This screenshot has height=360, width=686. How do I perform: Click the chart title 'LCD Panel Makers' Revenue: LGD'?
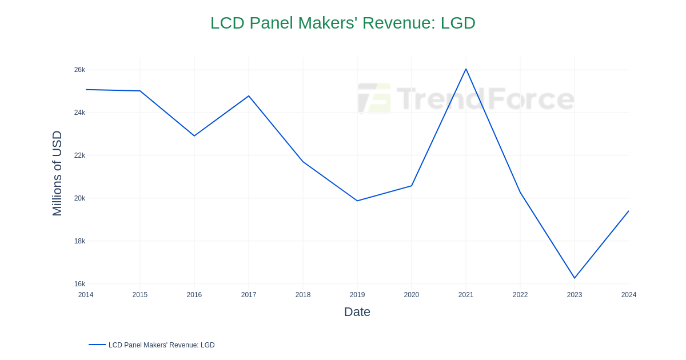342,23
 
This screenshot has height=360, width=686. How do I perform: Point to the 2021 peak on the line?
466,69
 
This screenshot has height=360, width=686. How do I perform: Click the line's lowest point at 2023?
575,278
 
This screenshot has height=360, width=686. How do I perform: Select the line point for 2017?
249,96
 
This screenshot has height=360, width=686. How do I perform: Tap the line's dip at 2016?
194,135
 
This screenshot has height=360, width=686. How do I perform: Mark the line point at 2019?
357,201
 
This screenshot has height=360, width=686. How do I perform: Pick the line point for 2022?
520,193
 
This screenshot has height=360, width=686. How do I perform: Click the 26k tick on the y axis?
79,70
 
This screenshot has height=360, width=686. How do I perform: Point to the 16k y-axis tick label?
79,284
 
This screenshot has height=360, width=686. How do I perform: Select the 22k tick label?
79,155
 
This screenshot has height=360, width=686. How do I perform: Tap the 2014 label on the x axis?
86,295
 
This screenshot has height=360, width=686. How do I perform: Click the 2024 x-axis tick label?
629,295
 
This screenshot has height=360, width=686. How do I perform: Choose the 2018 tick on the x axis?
303,295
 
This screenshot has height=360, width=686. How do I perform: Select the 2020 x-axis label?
412,295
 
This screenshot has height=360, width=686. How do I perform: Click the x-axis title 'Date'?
357,312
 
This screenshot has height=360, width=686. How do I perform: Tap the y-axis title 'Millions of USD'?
57,173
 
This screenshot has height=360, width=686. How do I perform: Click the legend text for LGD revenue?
161,345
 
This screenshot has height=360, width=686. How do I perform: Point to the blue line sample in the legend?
97,345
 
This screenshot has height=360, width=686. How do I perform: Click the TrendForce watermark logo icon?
374,98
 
